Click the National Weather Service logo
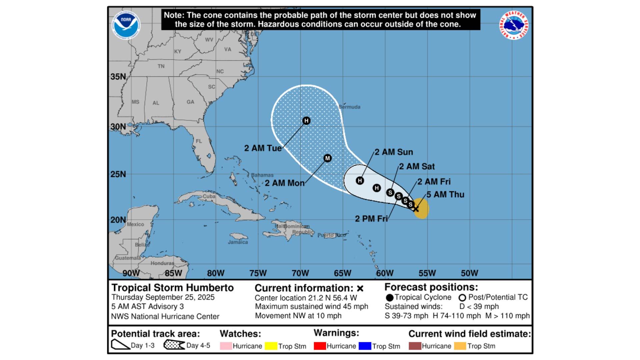coord(514,26)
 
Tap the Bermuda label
coord(350,107)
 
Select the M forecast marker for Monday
coord(328,158)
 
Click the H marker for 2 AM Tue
coord(306,121)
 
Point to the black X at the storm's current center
coord(416,209)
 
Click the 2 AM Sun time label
coord(394,152)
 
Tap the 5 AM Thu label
coord(445,195)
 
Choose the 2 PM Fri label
coord(371,219)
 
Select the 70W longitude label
coord(300,273)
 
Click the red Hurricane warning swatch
coord(320,346)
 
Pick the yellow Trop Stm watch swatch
coord(271,346)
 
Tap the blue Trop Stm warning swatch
coord(365,346)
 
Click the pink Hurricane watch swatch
coord(226,346)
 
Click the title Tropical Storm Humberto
coord(173,288)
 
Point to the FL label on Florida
coord(199,141)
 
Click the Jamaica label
coord(238,242)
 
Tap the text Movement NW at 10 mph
coord(298,316)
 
